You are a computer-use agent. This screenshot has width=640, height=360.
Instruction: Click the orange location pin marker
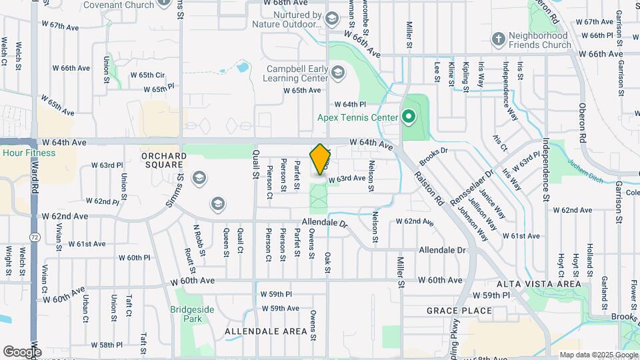321,159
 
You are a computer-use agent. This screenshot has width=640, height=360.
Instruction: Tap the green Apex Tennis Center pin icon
409,118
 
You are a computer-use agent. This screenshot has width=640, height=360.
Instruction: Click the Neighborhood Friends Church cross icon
497,39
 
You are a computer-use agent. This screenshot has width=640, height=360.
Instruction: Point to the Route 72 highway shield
34,237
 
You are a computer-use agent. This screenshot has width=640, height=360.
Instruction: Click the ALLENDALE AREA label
257,331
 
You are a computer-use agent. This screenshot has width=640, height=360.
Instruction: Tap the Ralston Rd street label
429,187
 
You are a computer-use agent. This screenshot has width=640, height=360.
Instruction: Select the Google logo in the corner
21,351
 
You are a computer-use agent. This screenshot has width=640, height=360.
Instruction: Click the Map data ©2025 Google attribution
597,355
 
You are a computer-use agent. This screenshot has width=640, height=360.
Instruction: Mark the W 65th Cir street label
147,75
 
